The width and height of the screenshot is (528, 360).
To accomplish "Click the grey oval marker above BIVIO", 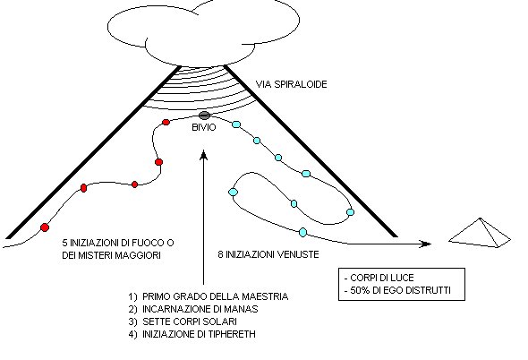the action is point(204,116).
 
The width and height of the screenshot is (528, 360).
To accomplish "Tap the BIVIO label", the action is point(204,127).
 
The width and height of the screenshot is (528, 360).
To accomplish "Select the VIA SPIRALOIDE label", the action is point(291,84).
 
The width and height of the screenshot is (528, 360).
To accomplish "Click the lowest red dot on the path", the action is point(45,227).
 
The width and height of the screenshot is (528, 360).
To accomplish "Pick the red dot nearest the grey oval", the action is point(166,123).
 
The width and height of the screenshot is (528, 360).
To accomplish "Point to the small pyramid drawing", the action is point(480,233).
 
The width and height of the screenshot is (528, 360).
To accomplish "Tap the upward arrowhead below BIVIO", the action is point(204,155).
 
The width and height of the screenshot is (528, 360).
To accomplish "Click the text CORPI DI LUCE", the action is point(382,278).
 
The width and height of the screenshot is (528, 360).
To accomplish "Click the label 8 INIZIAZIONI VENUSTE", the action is point(268,254).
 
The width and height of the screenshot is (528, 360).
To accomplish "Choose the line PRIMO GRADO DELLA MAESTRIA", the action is point(215,296).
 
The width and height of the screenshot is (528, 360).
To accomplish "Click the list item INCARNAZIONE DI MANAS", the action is point(200,309).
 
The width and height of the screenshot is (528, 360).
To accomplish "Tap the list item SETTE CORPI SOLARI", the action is point(190,321).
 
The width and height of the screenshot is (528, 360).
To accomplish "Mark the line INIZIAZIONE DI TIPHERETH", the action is point(199,334).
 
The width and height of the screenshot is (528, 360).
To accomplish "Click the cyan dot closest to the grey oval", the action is point(236,124).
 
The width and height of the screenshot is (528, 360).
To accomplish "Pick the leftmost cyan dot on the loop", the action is point(233,193).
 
